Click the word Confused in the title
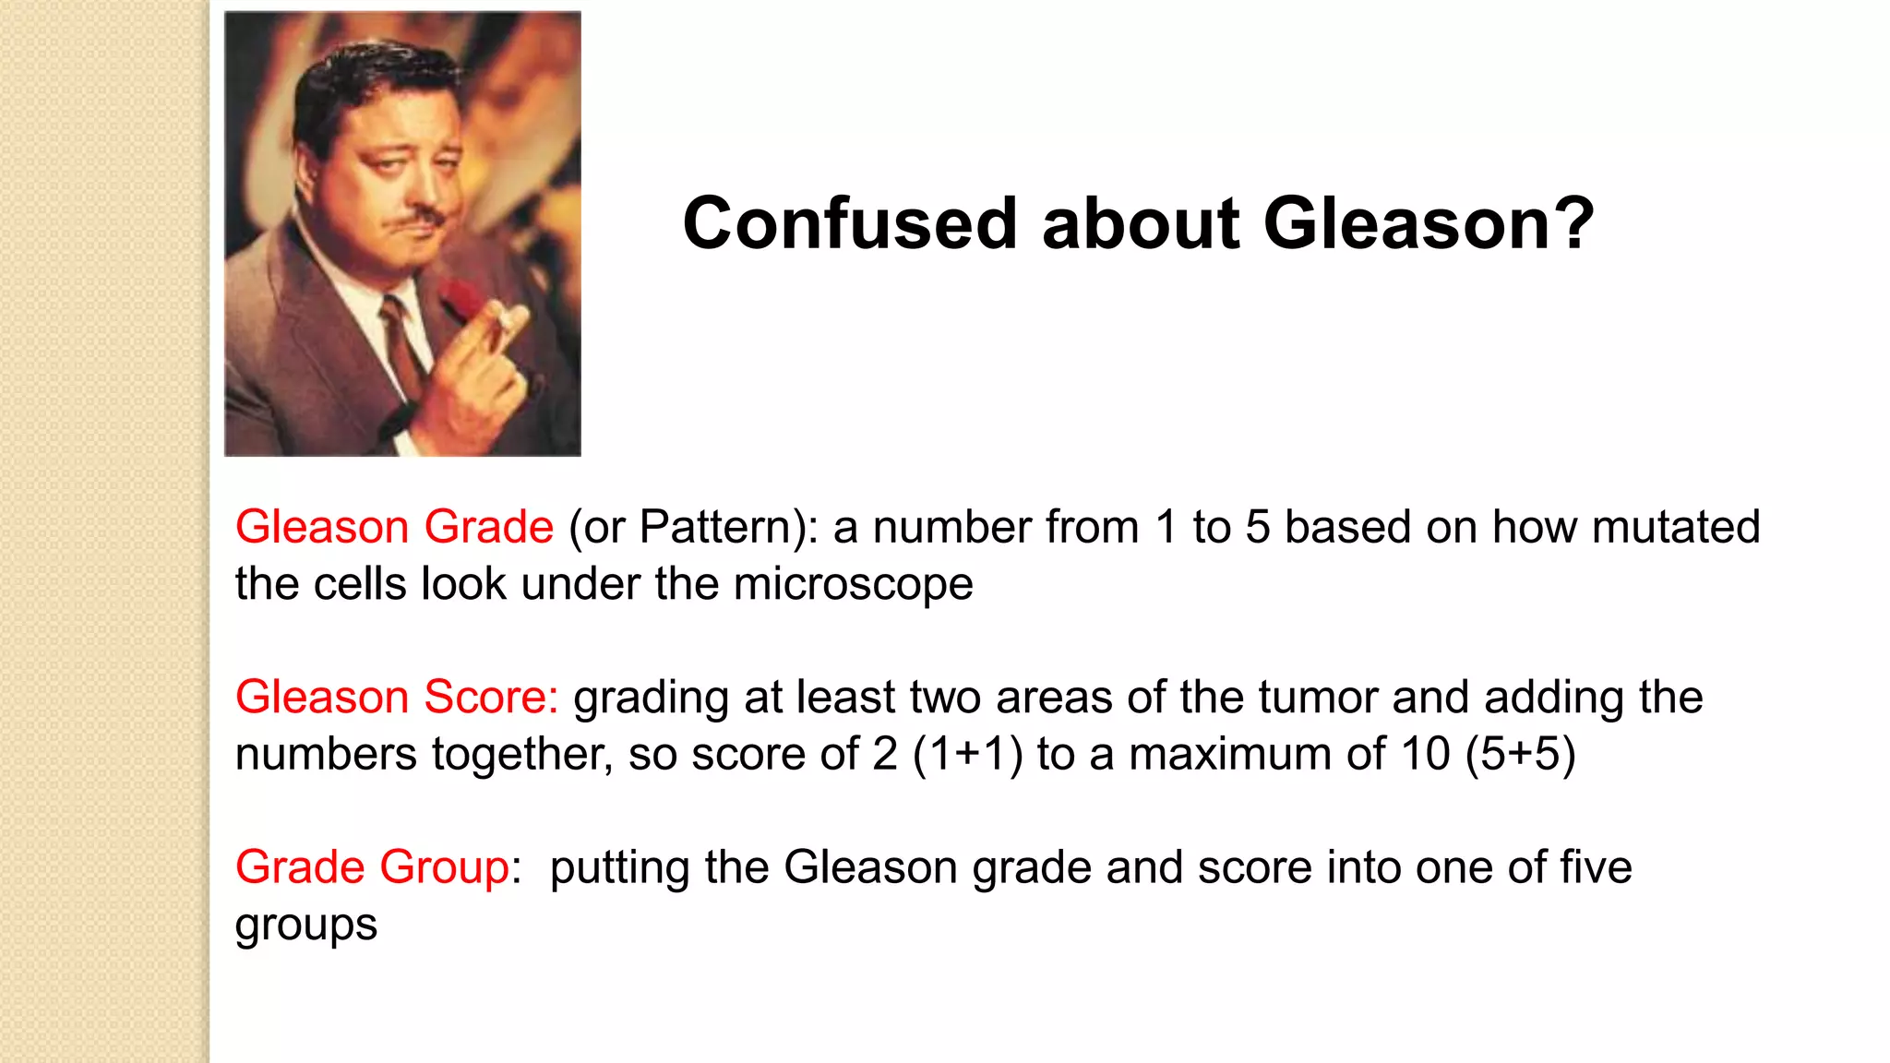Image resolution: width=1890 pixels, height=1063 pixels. coord(849,224)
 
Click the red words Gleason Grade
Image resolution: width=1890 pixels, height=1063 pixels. coord(394,528)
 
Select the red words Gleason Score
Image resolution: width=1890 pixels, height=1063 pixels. coord(397,698)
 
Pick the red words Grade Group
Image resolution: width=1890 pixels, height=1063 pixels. coord(372,868)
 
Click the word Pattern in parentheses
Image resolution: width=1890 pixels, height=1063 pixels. coord(712,528)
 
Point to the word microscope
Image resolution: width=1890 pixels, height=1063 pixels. coord(853,585)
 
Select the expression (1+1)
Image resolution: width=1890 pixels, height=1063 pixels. coord(968,755)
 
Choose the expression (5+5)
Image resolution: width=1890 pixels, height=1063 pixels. coord(1520,755)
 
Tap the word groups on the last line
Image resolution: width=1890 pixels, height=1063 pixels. coord(305,926)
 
